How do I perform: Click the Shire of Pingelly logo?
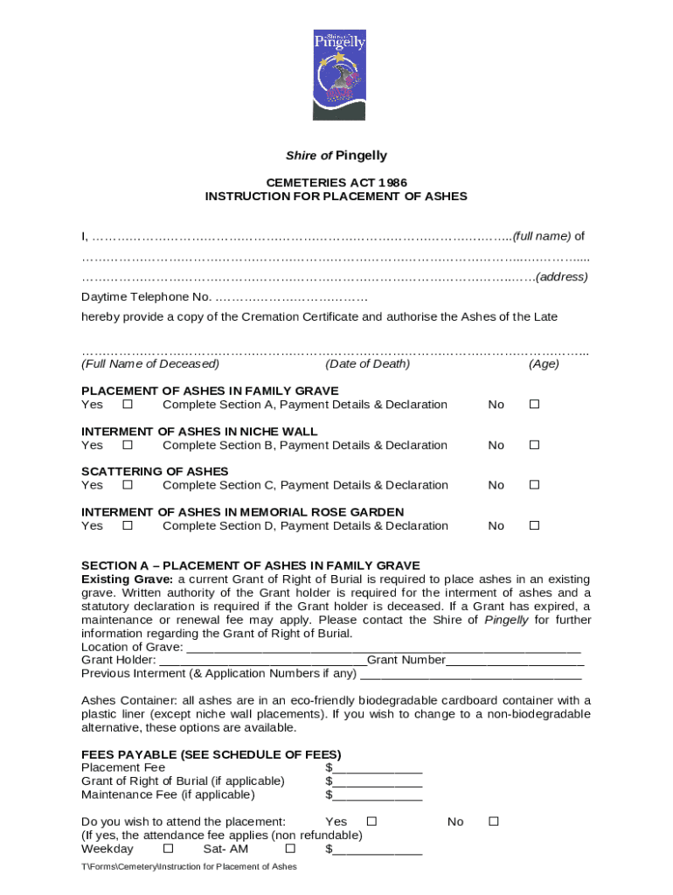tap(339, 75)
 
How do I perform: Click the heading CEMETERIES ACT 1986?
tap(336, 183)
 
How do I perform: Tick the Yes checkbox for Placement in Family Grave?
tap(128, 405)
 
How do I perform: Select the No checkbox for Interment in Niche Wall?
tap(535, 445)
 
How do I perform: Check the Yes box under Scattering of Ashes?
tap(128, 485)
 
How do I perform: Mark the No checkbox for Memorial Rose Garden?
tap(535, 525)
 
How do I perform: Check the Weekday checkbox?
tap(169, 849)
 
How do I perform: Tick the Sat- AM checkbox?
tap(291, 849)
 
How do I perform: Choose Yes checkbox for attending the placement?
tap(371, 822)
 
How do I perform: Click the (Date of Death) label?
tap(367, 364)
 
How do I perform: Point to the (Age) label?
tap(544, 364)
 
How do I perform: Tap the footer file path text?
tap(189, 867)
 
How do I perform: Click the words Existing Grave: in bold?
tap(128, 579)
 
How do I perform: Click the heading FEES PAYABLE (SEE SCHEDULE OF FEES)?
tap(211, 754)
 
